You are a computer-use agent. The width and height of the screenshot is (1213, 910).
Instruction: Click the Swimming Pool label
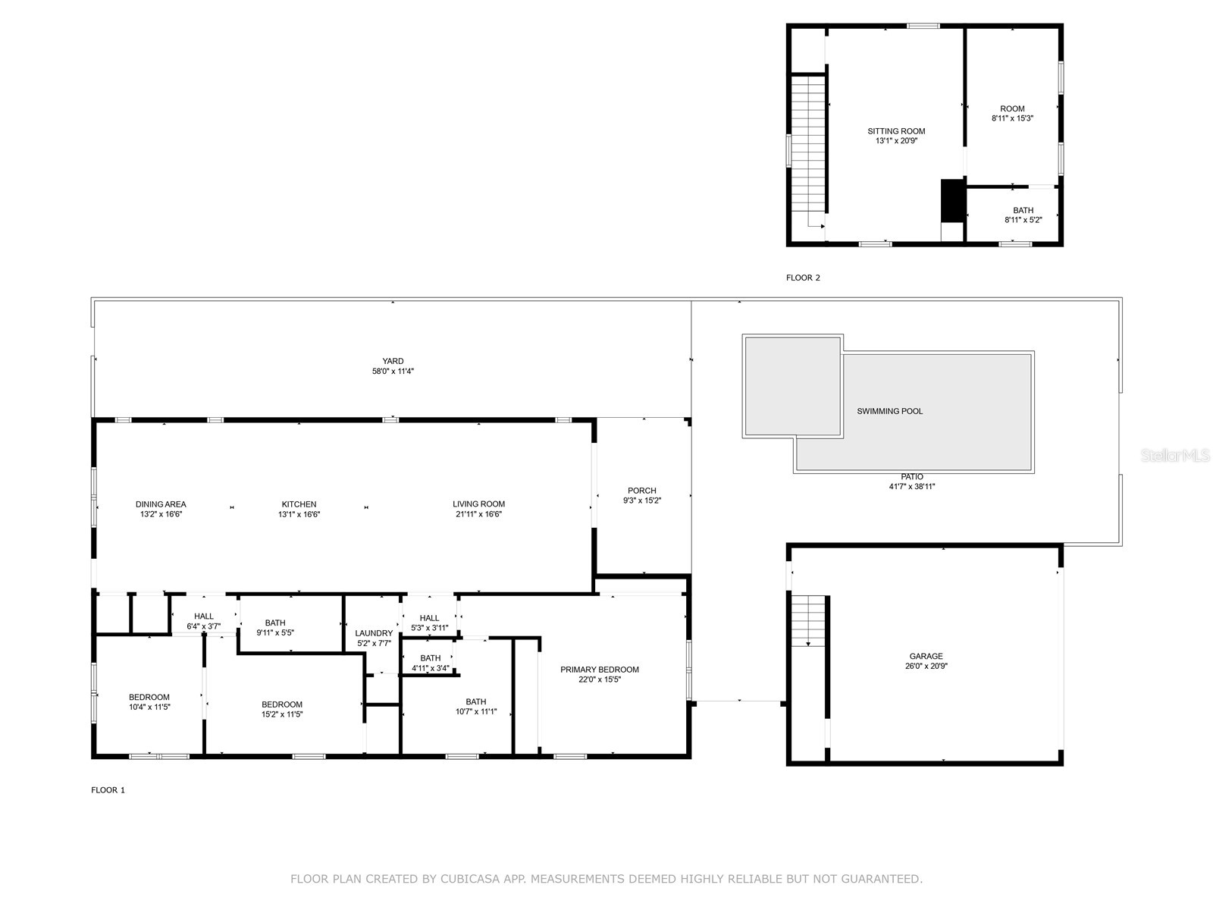889,411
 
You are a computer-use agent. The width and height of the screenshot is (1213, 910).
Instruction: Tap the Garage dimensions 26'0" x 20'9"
926,667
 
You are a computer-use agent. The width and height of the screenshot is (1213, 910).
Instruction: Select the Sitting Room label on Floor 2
896,131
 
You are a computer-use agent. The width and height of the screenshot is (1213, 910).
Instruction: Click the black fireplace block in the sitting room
951,200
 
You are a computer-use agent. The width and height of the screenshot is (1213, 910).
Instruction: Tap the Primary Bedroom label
599,670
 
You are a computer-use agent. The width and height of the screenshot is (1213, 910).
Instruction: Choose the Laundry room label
374,633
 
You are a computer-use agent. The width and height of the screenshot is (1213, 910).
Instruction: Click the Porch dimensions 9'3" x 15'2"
642,500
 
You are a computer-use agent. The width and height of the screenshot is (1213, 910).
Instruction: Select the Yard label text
393,361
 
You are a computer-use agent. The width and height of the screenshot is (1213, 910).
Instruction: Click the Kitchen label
299,504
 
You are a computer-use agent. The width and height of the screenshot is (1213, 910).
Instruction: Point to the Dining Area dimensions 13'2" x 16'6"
161,514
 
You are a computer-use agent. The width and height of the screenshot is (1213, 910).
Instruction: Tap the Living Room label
478,504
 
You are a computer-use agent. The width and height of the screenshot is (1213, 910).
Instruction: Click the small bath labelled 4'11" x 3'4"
430,663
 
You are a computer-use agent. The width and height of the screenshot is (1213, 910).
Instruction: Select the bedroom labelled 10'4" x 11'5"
149,701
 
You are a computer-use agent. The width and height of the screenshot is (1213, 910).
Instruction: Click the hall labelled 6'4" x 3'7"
203,621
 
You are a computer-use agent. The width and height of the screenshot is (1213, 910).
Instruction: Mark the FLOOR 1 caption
108,790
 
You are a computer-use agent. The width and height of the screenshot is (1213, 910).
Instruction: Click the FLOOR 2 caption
803,278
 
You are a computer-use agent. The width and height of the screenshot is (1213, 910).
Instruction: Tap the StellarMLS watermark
1176,456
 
